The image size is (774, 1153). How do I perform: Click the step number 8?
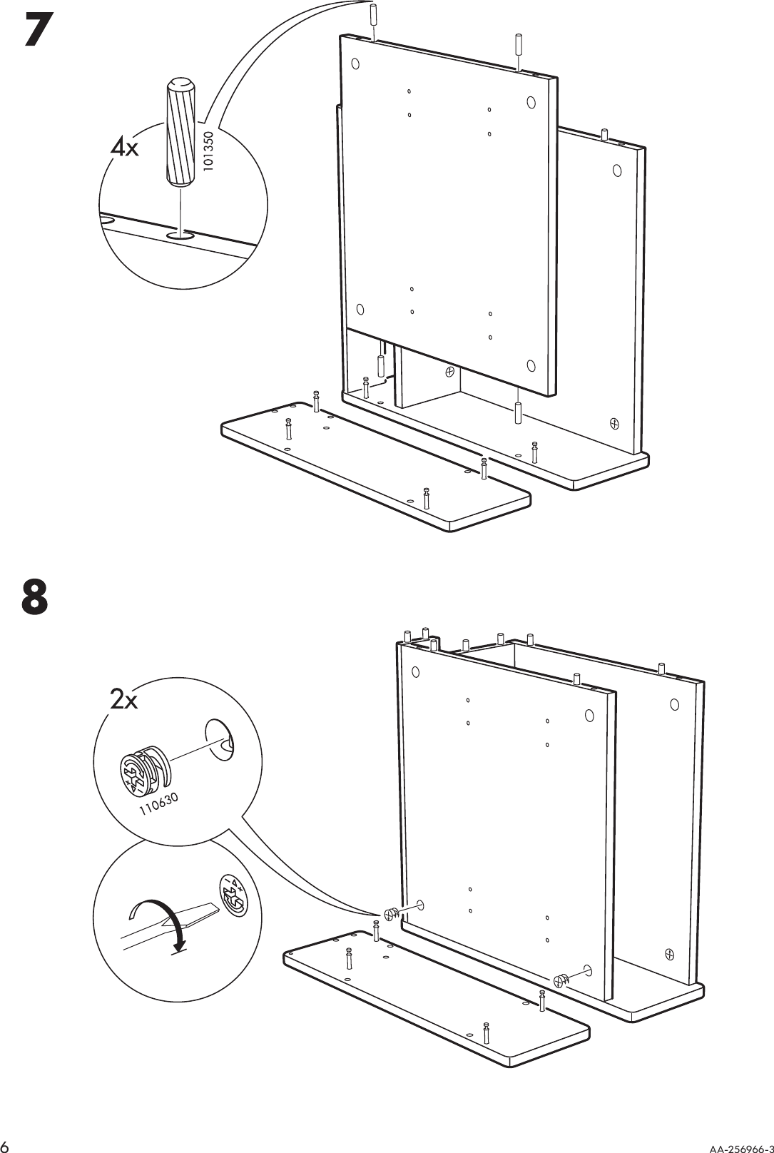35,597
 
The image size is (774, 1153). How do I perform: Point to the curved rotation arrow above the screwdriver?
159,917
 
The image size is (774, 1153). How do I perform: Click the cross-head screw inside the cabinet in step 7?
450,372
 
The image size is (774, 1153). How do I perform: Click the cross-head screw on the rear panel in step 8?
670,953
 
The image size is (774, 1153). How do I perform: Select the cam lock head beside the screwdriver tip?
233,894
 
